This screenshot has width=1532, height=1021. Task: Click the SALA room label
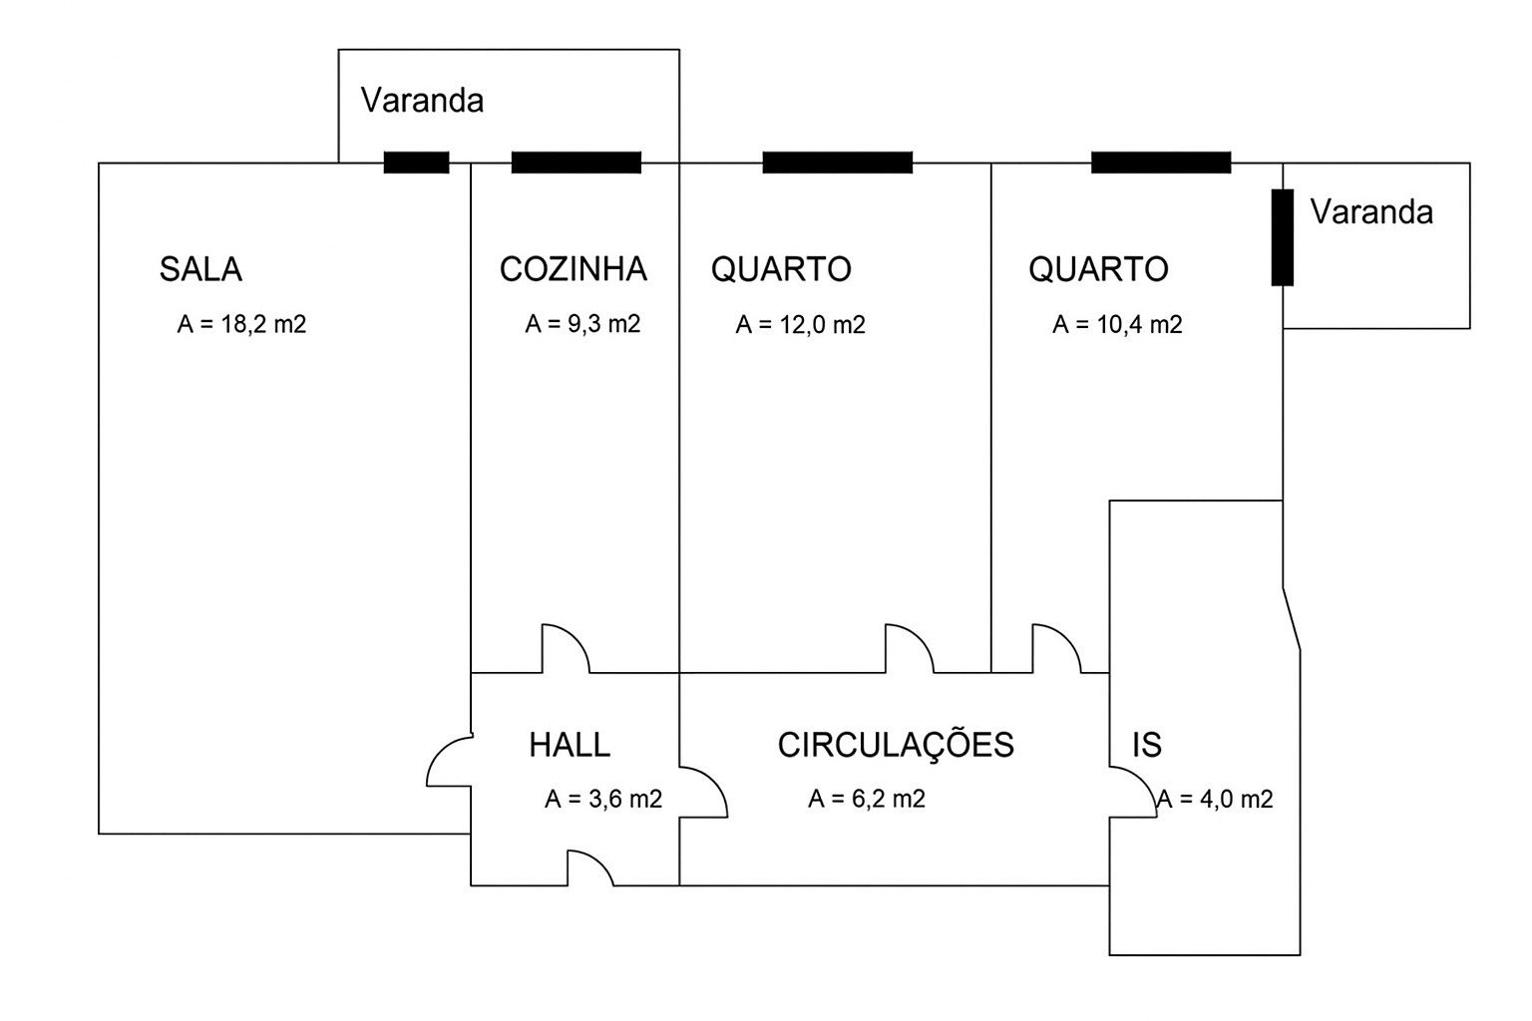tap(200, 269)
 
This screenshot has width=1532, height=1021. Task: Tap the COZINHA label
tap(573, 269)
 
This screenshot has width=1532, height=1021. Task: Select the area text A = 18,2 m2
tap(241, 324)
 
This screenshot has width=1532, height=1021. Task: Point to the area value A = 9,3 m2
tap(582, 324)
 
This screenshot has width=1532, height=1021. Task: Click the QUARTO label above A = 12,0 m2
tap(781, 269)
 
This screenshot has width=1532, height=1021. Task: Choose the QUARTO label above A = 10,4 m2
tap(1098, 269)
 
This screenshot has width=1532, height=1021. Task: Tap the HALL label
tap(570, 745)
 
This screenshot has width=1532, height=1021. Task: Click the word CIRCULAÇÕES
tap(896, 745)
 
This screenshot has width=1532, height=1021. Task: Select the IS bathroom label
tap(1147, 745)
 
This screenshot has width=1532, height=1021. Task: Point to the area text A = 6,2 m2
tap(867, 799)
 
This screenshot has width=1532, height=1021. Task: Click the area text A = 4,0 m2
tap(1215, 799)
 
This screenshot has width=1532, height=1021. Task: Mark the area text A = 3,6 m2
tap(603, 799)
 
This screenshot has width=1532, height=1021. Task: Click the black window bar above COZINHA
tap(575, 163)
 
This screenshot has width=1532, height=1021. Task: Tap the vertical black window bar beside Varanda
tap(1282, 237)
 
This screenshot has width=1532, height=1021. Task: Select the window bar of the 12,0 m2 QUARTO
tap(837, 163)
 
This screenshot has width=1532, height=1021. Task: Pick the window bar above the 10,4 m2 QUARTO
tap(1160, 163)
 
